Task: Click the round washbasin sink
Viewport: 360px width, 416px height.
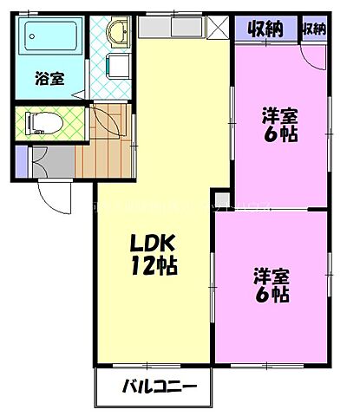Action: [114, 33]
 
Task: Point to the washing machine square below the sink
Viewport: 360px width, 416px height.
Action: [114, 68]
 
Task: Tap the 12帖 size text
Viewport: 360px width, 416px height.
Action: [154, 267]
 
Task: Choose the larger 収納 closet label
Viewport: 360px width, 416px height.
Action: [265, 29]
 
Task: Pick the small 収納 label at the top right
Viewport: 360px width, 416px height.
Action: [314, 29]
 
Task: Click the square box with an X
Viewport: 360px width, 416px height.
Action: [217, 29]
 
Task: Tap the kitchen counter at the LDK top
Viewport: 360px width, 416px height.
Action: [170, 29]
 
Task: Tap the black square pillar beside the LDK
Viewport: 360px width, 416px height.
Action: [222, 198]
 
